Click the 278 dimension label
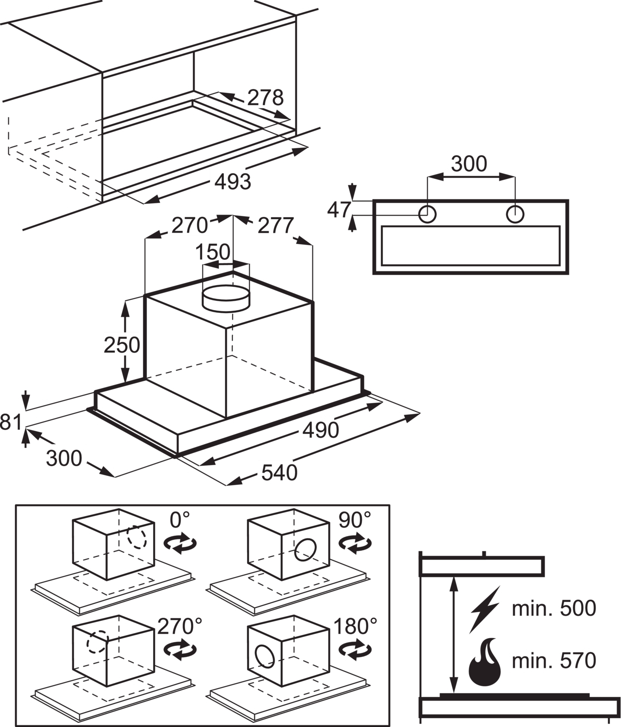265,98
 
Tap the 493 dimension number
232,182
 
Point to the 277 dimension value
276,226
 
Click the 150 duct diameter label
213,252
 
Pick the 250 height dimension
122,345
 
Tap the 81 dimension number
11,422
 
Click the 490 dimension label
320,430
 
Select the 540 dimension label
279,473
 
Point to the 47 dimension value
339,210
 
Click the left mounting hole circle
427,214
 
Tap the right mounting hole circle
515,214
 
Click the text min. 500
554,609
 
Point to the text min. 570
554,661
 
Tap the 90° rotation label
355,520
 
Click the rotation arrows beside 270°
180,650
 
